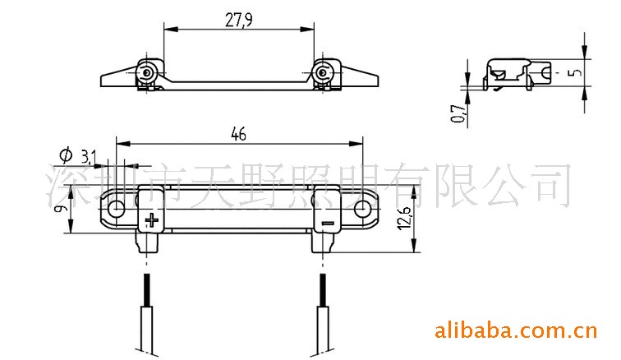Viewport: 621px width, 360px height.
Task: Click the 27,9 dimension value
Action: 238,20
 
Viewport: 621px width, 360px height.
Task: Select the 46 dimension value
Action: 238,134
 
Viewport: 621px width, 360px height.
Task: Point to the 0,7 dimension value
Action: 458,113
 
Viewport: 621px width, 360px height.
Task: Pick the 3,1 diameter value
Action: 89,157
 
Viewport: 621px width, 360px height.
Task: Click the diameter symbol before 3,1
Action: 67,155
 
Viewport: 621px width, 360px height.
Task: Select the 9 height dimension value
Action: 59,208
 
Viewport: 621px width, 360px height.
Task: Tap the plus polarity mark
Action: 151,220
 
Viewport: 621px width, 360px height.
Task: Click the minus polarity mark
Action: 328,224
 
